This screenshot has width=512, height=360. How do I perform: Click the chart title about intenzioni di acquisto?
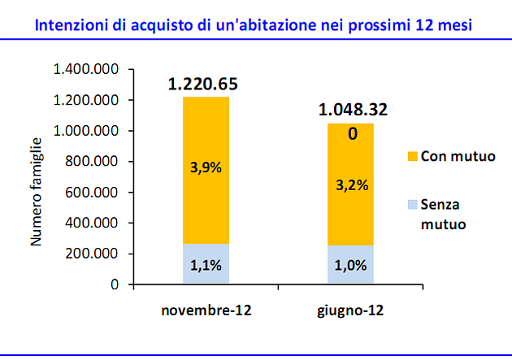[x=254, y=24]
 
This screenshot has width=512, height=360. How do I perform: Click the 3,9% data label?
[x=206, y=169]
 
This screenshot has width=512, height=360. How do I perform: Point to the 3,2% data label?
[x=351, y=184]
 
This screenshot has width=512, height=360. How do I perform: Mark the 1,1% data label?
[x=206, y=265]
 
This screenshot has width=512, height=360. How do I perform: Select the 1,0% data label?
[x=351, y=265]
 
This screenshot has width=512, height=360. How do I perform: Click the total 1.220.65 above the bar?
[x=206, y=84]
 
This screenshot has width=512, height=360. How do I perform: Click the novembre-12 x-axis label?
[x=206, y=311]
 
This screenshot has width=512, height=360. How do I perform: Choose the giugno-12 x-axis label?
[x=351, y=311]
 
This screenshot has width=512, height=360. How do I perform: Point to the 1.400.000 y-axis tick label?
[x=86, y=70]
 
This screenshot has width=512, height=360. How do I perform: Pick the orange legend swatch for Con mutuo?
[x=410, y=155]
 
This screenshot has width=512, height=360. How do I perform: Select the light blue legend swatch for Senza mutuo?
[x=410, y=206]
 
